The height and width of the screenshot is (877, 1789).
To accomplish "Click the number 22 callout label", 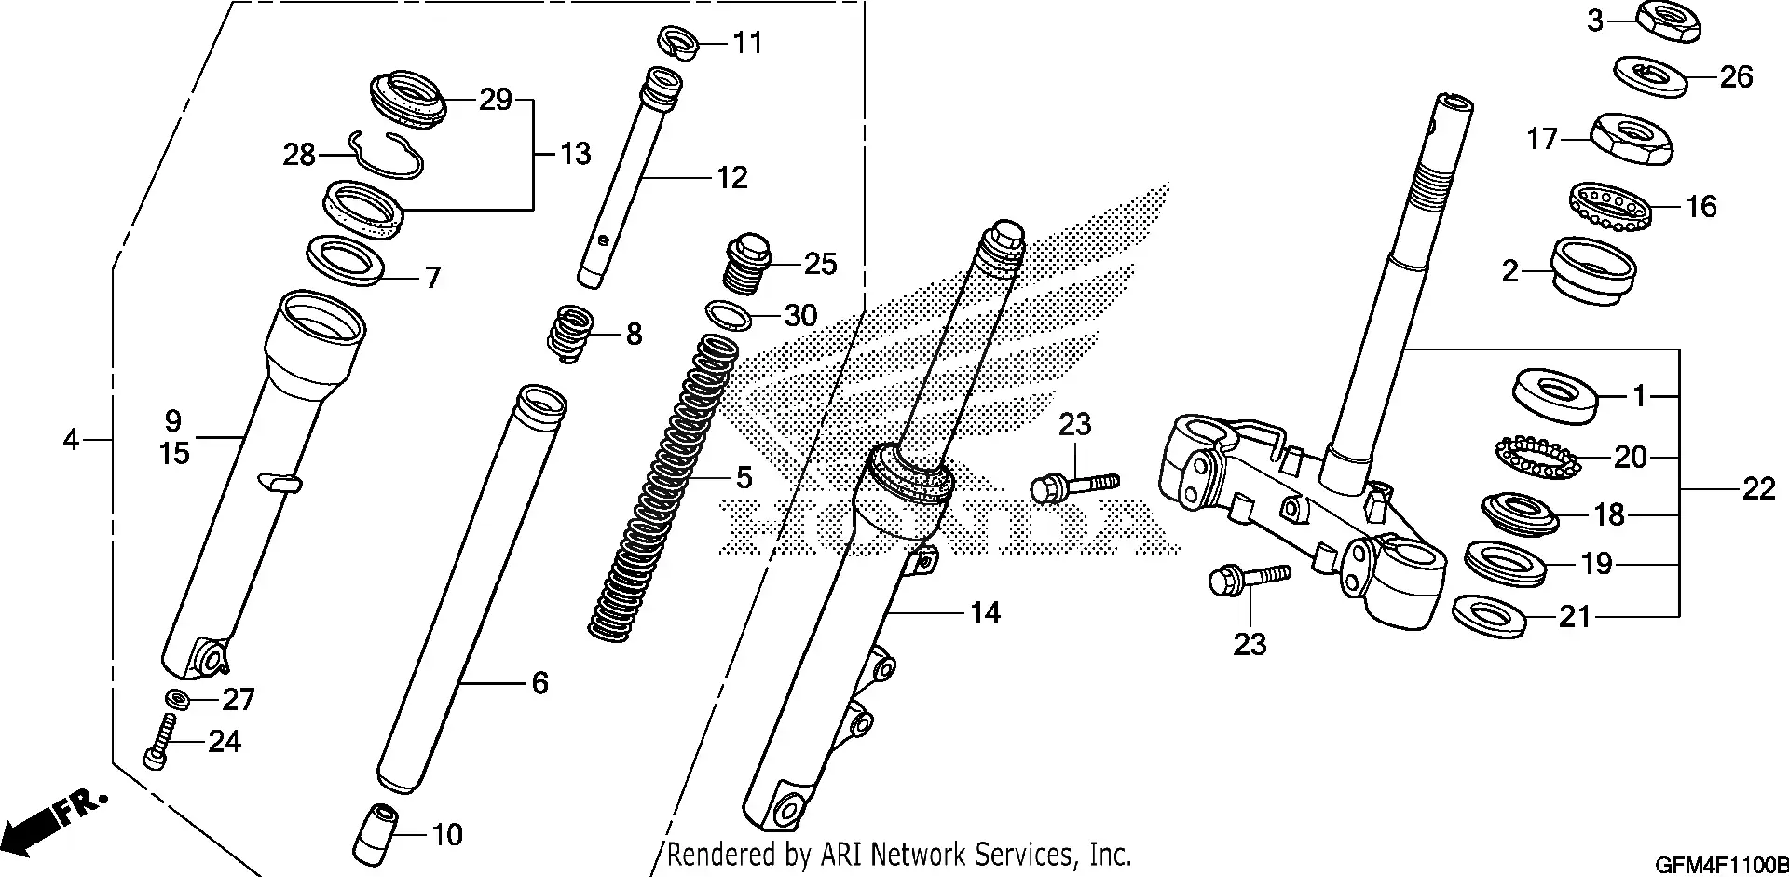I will [1758, 488].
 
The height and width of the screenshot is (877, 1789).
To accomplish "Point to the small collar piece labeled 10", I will [376, 831].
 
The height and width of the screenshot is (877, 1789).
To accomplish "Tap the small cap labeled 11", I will [677, 42].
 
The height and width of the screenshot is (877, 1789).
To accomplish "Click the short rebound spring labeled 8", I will [569, 333].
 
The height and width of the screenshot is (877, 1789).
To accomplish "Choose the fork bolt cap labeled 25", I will [749, 263].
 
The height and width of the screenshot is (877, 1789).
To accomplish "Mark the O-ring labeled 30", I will [730, 316].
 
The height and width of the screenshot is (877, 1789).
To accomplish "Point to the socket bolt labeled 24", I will [160, 742].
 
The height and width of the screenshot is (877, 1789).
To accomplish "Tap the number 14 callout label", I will [985, 613].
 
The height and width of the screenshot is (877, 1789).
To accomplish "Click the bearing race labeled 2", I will [1593, 270].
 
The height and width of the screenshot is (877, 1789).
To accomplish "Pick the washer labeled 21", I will [1489, 615].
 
